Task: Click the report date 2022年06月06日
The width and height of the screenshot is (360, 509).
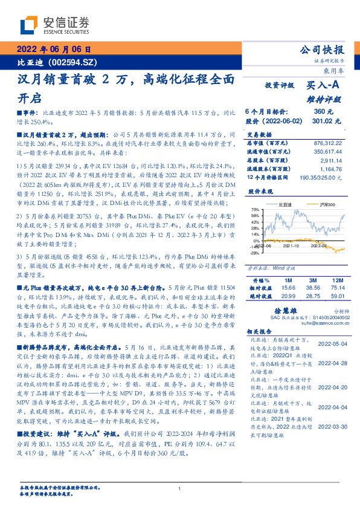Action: (x=54, y=50)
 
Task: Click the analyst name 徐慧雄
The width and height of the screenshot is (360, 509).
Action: (x=296, y=310)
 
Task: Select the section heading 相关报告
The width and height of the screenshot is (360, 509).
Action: (x=260, y=333)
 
